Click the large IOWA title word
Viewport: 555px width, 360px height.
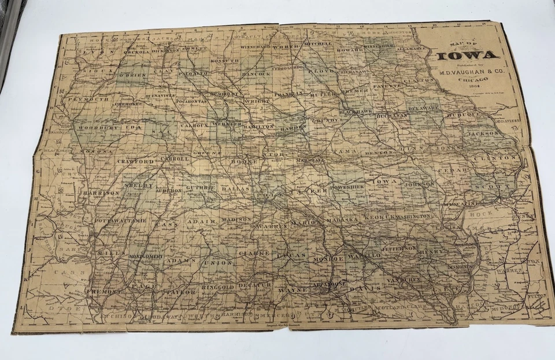tap(468, 56)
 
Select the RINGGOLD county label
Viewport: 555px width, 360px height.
tap(218, 287)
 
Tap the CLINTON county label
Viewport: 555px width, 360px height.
tap(495, 157)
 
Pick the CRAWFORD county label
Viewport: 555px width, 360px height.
tap(135, 161)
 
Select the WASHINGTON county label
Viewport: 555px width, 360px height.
tap(414, 216)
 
